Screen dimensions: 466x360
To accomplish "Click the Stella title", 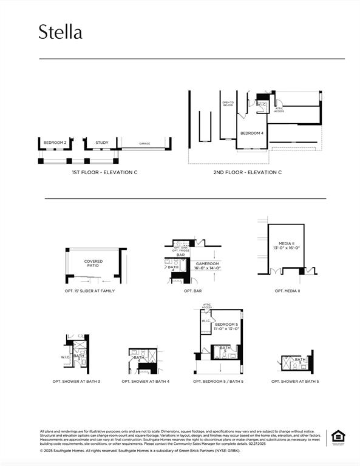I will click(x=60, y=32).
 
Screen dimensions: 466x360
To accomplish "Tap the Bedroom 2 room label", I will click(x=55, y=143).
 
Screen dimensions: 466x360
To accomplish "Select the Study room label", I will click(x=102, y=143).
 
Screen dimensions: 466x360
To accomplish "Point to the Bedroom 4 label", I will click(x=252, y=133).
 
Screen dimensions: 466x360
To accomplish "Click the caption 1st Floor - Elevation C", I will click(x=104, y=173).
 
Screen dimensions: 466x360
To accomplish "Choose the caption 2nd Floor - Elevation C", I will click(x=247, y=173).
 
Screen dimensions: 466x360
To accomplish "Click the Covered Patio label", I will click(x=93, y=263).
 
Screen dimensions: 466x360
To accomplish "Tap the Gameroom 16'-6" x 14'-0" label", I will click(x=208, y=266).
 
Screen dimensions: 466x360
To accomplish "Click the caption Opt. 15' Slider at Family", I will click(x=90, y=291).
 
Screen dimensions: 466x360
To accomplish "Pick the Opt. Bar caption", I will click(x=193, y=291).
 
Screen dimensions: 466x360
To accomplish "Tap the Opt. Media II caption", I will click(x=288, y=291).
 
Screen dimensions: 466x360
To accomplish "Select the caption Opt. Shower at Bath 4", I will click(x=146, y=382).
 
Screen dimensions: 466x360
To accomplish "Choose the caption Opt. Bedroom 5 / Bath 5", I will click(x=218, y=382).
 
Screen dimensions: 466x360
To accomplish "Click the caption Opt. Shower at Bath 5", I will click(x=295, y=382).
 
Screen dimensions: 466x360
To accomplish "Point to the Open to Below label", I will click(x=228, y=104).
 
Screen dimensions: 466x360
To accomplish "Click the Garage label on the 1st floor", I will click(x=144, y=144).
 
